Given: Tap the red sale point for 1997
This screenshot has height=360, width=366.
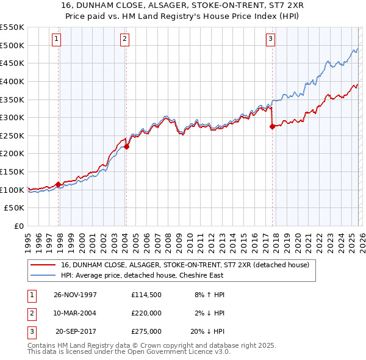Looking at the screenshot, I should point(59,184).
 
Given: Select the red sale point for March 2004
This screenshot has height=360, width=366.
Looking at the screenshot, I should point(126,146).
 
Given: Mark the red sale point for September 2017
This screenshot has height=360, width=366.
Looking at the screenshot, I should point(272,127).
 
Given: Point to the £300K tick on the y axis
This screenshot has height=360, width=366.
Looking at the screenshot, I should point(13,117).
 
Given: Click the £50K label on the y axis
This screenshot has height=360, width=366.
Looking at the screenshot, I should point(15,208).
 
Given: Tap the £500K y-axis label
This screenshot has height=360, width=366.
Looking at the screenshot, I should point(13,45).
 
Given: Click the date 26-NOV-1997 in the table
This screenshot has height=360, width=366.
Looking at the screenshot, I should point(76,294).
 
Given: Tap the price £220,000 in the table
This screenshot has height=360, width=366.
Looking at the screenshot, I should point(146,313).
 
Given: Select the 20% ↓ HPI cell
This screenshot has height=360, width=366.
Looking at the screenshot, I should point(210,332).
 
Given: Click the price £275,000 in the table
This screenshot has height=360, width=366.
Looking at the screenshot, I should point(146,332).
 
